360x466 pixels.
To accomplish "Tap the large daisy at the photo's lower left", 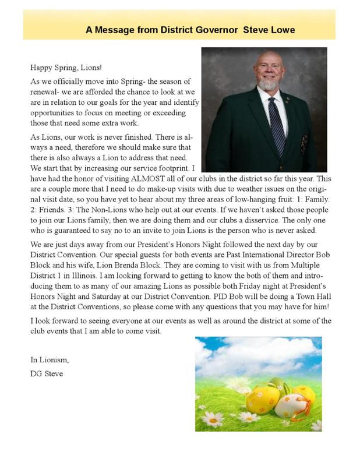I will click(x=213, y=418).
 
